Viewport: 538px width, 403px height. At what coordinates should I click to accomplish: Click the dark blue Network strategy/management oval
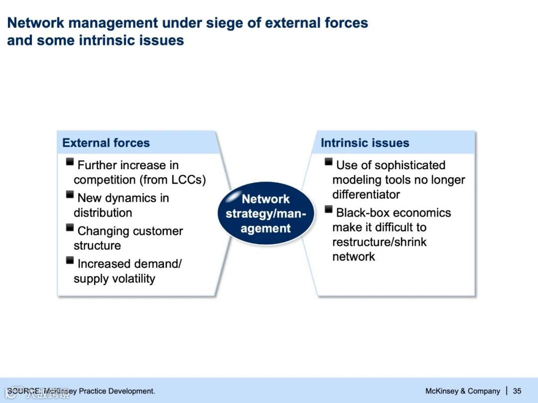point(266,213)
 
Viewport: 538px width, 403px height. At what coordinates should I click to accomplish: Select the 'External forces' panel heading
point(106,143)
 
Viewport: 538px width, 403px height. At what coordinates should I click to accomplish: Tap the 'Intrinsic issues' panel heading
point(365,143)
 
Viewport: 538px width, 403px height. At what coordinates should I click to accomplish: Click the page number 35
point(517,391)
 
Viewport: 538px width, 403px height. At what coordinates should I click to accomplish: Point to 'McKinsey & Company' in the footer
point(462,391)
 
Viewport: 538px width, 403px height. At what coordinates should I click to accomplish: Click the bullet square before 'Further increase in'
point(70,161)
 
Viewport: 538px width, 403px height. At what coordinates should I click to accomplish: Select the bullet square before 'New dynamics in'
point(70,195)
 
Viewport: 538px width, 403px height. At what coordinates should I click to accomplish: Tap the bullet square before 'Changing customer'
point(70,227)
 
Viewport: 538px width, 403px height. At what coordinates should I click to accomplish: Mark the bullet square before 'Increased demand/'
point(70,260)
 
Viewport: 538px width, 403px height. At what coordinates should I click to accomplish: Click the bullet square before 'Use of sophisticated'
point(329,161)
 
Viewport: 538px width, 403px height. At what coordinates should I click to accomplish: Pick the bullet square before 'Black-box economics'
point(329,208)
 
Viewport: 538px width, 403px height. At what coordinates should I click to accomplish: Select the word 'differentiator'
point(366,195)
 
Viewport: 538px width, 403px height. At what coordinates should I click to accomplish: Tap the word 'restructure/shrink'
point(379,242)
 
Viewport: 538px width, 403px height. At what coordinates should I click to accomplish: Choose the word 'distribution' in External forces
point(103,213)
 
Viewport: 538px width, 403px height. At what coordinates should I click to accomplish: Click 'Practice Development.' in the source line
point(117,391)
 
